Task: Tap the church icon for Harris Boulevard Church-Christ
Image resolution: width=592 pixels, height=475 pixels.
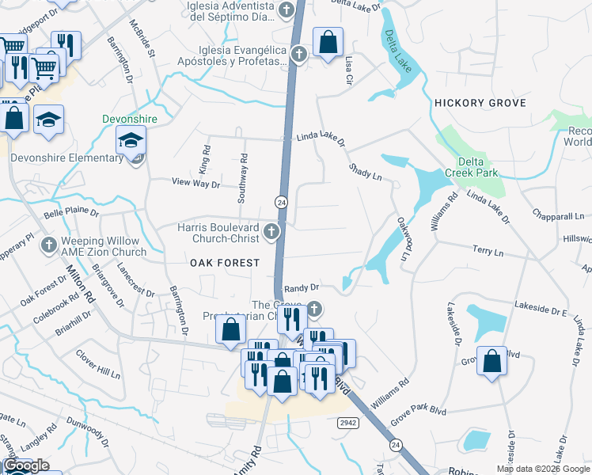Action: click(271, 231)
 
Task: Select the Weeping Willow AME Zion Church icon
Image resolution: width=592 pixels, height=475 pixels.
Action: click(49, 245)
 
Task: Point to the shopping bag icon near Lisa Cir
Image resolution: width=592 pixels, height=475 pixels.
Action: click(328, 43)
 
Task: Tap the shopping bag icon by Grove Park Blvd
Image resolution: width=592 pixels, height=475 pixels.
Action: click(492, 362)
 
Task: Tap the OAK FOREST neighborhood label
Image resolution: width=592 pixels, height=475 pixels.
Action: click(223, 262)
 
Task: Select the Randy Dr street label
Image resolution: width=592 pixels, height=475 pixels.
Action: click(301, 288)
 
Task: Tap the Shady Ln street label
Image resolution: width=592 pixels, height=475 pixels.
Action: click(366, 172)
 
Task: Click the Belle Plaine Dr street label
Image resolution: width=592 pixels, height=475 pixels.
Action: click(71, 213)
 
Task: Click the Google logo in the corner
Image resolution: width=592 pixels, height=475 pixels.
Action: click(25, 465)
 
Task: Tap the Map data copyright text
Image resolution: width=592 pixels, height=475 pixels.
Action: click(542, 469)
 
